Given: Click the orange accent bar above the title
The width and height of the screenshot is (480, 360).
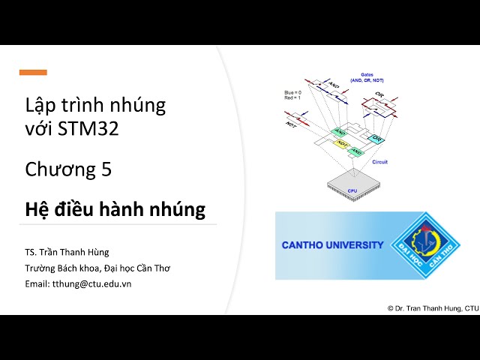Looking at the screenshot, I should (x=33, y=73).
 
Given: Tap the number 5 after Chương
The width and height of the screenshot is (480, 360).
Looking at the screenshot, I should (x=106, y=169).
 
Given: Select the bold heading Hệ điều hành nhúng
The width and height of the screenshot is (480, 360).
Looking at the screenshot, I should (x=115, y=208).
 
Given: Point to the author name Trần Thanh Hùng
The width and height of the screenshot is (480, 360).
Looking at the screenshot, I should (x=83, y=252).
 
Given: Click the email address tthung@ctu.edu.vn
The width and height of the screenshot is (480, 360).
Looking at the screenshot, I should (x=90, y=283).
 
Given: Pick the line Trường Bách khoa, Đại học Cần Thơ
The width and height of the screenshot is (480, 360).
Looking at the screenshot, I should (x=97, y=268).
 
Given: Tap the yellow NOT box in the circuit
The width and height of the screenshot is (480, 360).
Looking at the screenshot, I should (x=341, y=142).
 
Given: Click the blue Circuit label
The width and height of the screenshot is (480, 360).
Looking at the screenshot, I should (x=380, y=161).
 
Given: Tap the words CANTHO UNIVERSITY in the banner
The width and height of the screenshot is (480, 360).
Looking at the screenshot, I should (x=331, y=244).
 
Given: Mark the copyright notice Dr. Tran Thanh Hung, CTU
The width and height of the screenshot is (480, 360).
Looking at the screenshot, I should (x=433, y=307).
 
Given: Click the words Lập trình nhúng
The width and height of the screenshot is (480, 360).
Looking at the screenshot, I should (x=95, y=105).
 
